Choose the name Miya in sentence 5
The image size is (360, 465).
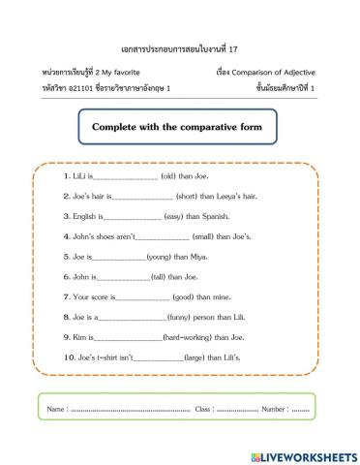click(196, 257)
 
